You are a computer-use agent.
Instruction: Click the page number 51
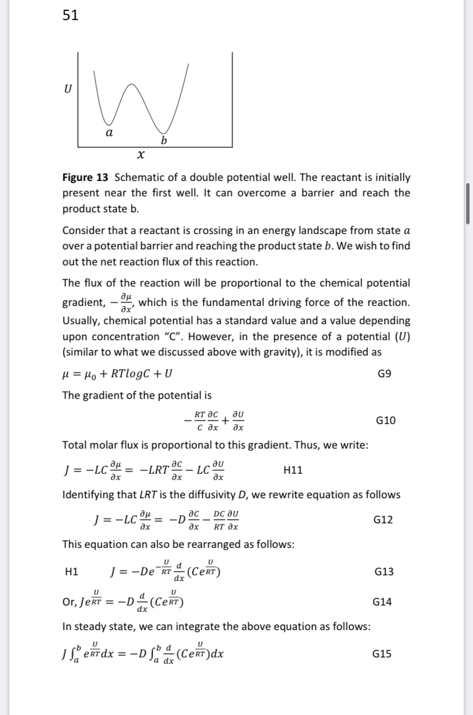tap(71, 16)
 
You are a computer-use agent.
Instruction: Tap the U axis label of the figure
tap(68, 90)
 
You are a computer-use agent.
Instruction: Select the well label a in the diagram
tap(109, 132)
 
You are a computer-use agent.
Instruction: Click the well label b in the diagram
tap(164, 140)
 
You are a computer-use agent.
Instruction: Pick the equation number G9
tap(384, 374)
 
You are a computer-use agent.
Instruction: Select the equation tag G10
tap(386, 421)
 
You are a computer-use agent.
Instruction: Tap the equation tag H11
tap(293, 470)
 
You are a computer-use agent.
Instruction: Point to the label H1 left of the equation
tap(73, 571)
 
